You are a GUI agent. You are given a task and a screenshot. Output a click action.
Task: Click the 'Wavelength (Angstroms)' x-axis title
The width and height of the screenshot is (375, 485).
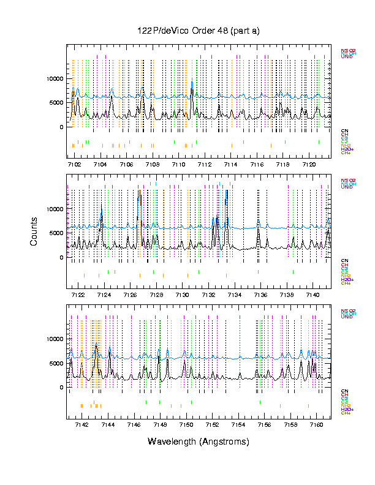(x=199, y=441)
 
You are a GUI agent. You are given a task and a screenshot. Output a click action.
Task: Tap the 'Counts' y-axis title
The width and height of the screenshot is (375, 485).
(x=34, y=234)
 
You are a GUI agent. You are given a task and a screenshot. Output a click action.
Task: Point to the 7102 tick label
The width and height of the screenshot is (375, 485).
(x=74, y=165)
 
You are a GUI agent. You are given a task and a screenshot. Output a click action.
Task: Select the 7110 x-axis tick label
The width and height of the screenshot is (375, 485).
(x=178, y=165)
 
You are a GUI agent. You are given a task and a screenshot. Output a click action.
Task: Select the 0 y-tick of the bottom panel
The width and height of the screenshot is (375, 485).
(x=61, y=388)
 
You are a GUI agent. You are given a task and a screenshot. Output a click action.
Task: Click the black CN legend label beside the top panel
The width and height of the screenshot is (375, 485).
(x=344, y=131)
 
